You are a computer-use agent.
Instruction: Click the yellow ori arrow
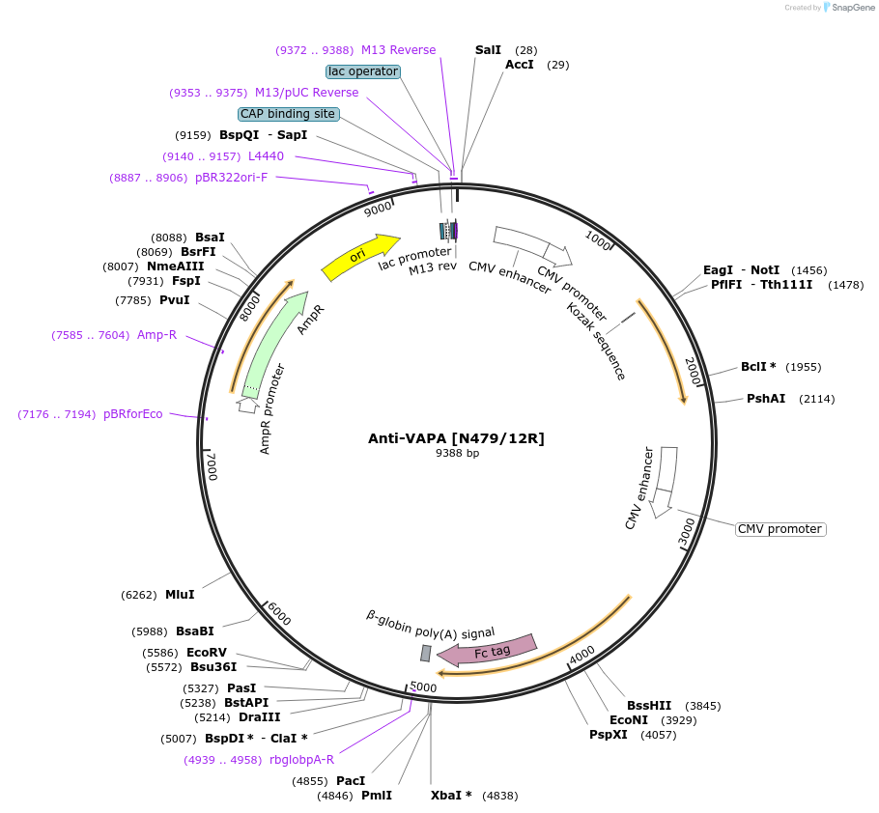pos(359,256)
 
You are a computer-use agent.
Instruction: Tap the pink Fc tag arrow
pos(492,651)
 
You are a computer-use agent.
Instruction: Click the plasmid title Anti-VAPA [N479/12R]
pos(456,438)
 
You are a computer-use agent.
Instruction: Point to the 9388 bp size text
pos(457,453)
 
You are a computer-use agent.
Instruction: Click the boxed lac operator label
pos(363,71)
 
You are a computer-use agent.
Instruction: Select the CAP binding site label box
pos(288,114)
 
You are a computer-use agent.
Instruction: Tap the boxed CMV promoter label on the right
pos(780,529)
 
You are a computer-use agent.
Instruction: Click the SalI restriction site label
pos(488,49)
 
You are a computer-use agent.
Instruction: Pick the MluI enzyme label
pos(180,595)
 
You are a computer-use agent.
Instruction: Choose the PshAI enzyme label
pos(766,399)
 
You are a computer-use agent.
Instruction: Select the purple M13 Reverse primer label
pos(398,49)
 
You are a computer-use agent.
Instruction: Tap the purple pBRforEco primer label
pos(133,414)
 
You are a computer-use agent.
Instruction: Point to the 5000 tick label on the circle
pos(423,687)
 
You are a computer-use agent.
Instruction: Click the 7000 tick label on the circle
pos(213,465)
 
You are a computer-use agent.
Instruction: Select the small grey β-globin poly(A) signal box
pos(425,654)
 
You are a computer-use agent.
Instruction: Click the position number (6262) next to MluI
pos(139,595)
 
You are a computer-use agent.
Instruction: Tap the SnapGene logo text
pos(850,8)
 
